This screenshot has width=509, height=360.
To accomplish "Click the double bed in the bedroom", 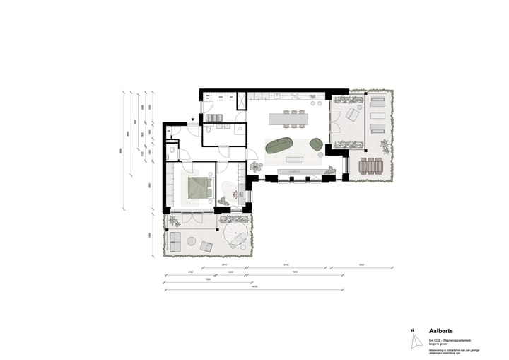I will coord(199,187).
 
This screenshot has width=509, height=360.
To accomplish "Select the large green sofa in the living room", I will coord(281,145).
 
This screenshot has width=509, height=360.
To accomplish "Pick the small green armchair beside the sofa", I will coord(315,144).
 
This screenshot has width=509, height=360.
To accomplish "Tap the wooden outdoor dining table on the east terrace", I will coord(370,166).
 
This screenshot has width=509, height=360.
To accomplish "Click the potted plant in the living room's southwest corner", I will coord(255,167).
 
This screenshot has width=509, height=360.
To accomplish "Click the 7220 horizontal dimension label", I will coord(208,281).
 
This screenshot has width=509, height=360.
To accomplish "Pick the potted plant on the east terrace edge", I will coord(385,146).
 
